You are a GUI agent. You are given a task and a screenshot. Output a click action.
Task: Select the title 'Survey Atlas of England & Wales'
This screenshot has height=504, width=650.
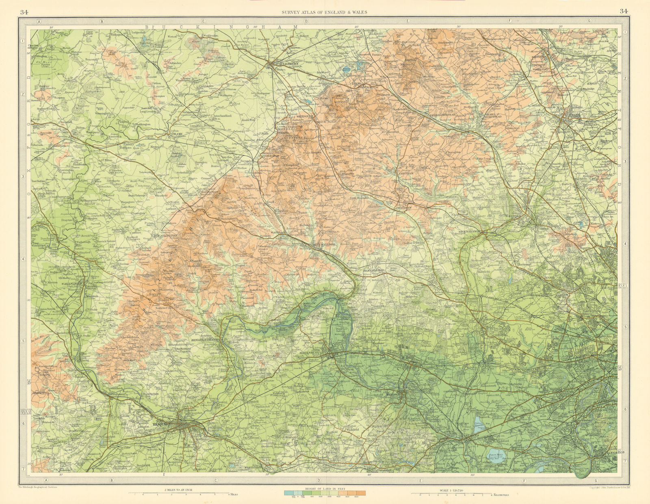click(x=324, y=12)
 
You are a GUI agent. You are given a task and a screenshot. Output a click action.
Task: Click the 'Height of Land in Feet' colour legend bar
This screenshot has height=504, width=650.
click(x=325, y=493)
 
